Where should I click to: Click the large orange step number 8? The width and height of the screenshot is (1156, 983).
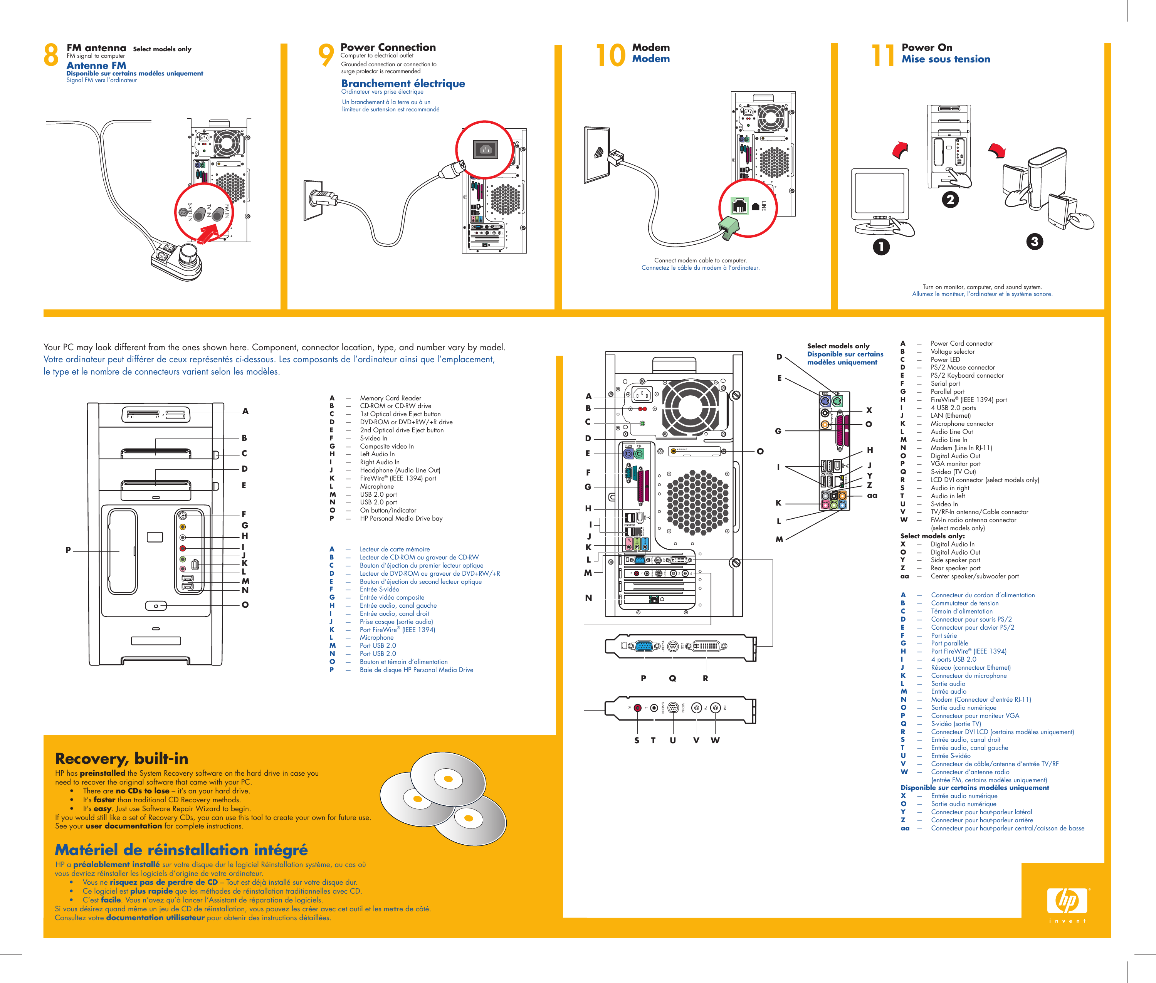tap(51, 55)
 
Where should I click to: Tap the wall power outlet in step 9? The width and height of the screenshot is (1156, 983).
tap(314, 200)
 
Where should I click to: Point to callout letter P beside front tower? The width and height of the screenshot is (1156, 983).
tap(68, 550)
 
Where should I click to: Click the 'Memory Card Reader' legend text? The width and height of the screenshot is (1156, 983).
tap(390, 398)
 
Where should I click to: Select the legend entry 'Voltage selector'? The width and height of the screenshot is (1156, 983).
tap(952, 352)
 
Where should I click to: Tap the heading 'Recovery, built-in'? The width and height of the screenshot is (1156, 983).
tap(121, 758)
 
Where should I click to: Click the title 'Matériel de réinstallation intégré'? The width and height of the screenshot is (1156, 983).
tap(181, 850)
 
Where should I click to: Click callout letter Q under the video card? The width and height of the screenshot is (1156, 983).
tap(672, 678)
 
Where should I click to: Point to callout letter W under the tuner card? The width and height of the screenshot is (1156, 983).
tap(715, 740)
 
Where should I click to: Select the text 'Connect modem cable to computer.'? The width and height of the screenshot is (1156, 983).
tap(700, 260)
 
